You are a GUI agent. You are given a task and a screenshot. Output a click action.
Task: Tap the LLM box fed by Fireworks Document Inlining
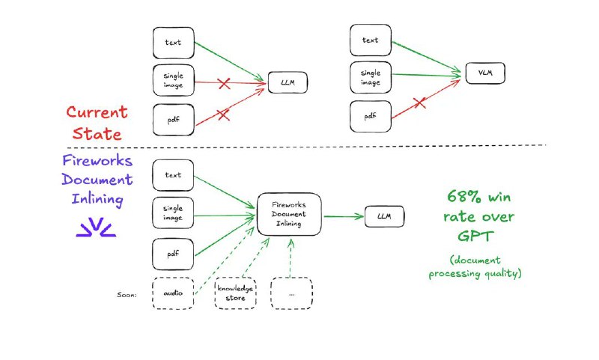tap(384, 217)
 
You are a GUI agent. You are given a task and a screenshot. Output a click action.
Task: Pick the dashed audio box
tap(173, 293)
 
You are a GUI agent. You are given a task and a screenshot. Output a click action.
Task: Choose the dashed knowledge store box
tap(235, 293)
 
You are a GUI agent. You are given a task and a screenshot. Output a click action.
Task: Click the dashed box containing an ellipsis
tap(291, 293)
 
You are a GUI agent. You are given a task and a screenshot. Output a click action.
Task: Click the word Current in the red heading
tap(97, 112)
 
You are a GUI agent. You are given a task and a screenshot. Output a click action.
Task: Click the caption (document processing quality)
tap(475, 267)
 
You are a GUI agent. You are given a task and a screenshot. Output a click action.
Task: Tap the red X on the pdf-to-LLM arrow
tap(222, 114)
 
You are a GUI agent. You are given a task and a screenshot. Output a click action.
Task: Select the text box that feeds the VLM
tap(370, 40)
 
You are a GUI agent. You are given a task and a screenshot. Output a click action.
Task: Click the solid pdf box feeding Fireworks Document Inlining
tap(173, 254)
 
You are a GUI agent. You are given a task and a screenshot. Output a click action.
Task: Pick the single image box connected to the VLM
tap(370, 78)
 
